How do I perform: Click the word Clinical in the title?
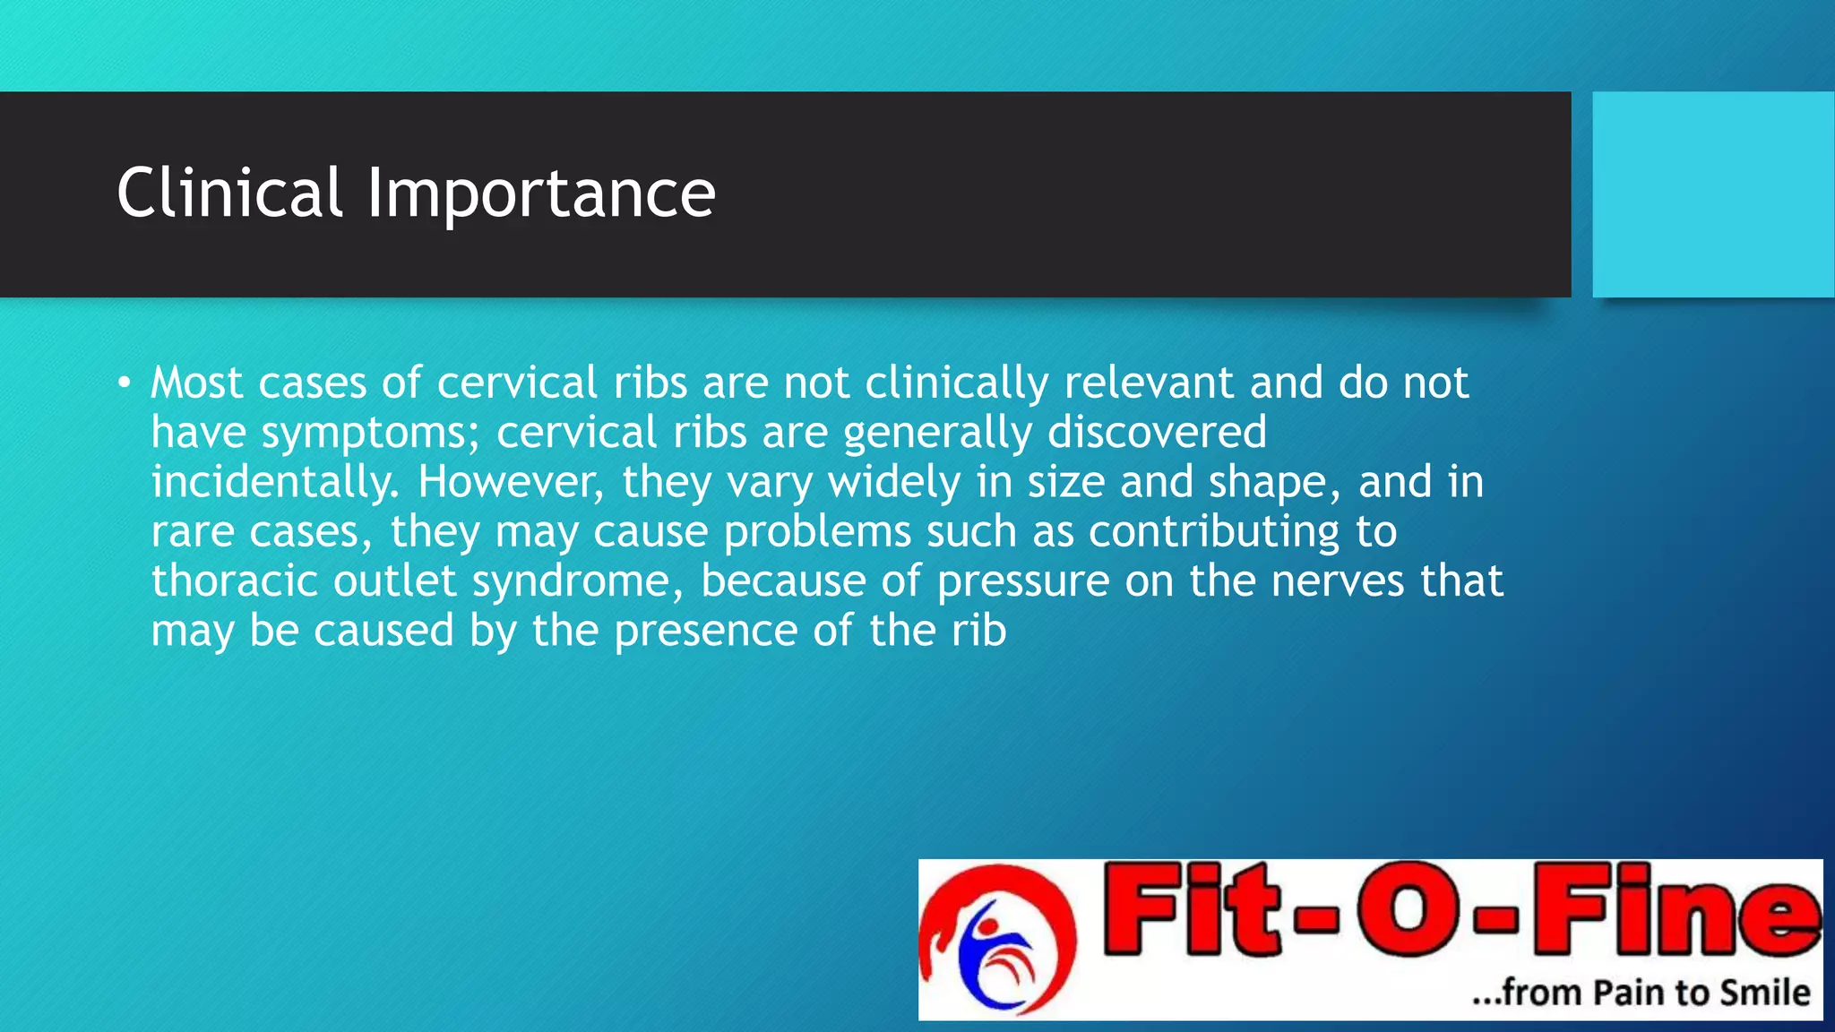(229, 193)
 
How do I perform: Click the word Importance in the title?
(541, 194)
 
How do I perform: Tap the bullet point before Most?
(124, 383)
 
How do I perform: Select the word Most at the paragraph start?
(196, 383)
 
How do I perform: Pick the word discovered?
(1157, 432)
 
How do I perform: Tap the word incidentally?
(274, 482)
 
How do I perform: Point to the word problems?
(817, 532)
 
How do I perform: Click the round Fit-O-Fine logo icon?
(997, 940)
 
